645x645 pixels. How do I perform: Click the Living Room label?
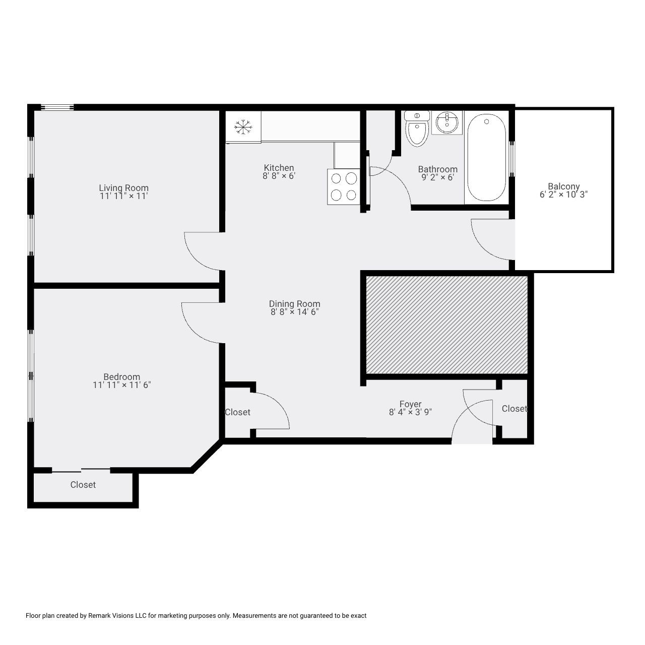point(123,188)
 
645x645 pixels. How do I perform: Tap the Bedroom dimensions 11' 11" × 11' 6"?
point(121,385)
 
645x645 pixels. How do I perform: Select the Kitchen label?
point(279,168)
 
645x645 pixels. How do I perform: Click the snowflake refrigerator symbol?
point(243,126)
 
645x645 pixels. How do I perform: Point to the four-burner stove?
point(343,186)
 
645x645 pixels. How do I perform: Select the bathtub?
point(486,157)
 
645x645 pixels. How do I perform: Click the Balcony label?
point(563,186)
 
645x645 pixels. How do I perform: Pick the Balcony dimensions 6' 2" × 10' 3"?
point(563,195)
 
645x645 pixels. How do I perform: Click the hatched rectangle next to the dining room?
point(446,325)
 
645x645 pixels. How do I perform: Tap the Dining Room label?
point(294,304)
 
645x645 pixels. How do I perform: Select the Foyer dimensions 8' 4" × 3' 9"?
point(410,412)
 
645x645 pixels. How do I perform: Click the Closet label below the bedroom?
point(83,485)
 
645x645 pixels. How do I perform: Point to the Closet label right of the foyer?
point(514,409)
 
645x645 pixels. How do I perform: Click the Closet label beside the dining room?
point(237,412)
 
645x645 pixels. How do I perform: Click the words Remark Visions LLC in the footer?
point(116,616)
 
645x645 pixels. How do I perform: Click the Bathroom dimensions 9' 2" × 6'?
point(437,177)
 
